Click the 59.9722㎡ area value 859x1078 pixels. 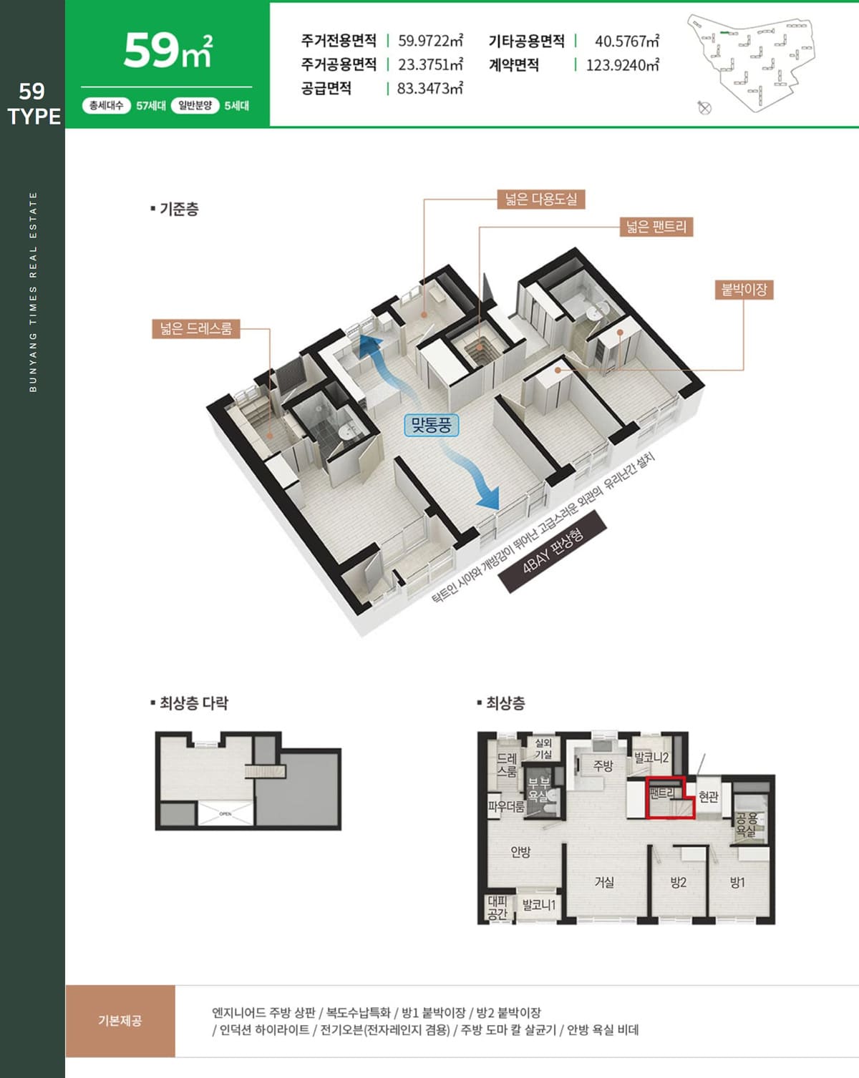point(430,41)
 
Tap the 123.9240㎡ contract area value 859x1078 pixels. point(622,65)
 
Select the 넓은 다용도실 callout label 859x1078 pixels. point(541,200)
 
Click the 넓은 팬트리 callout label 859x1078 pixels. point(656,227)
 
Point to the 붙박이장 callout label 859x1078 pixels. point(744,290)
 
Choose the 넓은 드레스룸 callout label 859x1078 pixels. point(196,328)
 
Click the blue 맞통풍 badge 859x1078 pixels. point(431,426)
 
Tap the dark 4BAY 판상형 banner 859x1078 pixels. point(553,551)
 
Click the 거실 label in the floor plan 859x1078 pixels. point(604,881)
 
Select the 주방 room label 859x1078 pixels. point(603,765)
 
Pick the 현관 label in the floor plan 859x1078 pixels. point(708,796)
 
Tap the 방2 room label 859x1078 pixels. point(678,882)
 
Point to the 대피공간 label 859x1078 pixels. point(498,908)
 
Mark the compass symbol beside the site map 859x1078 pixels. point(704,107)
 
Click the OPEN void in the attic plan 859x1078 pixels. point(225,813)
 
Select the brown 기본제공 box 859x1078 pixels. point(120,1020)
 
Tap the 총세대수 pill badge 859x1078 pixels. point(107,105)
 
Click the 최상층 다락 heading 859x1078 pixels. point(190,702)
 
